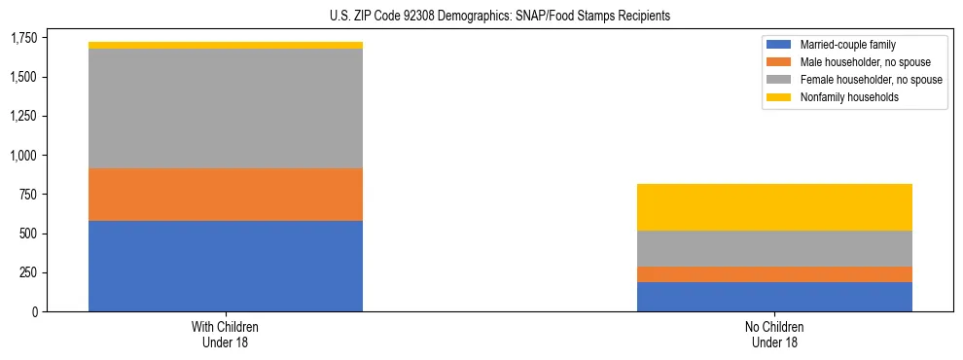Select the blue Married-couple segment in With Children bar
(226, 266)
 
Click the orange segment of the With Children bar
(226, 195)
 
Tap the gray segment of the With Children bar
(226, 108)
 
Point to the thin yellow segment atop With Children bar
(226, 45)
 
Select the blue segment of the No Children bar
(774, 297)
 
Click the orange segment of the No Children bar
(774, 274)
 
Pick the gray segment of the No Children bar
(774, 248)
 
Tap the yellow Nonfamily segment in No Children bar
(774, 207)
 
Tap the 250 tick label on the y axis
(31, 272)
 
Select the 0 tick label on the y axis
(37, 311)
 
